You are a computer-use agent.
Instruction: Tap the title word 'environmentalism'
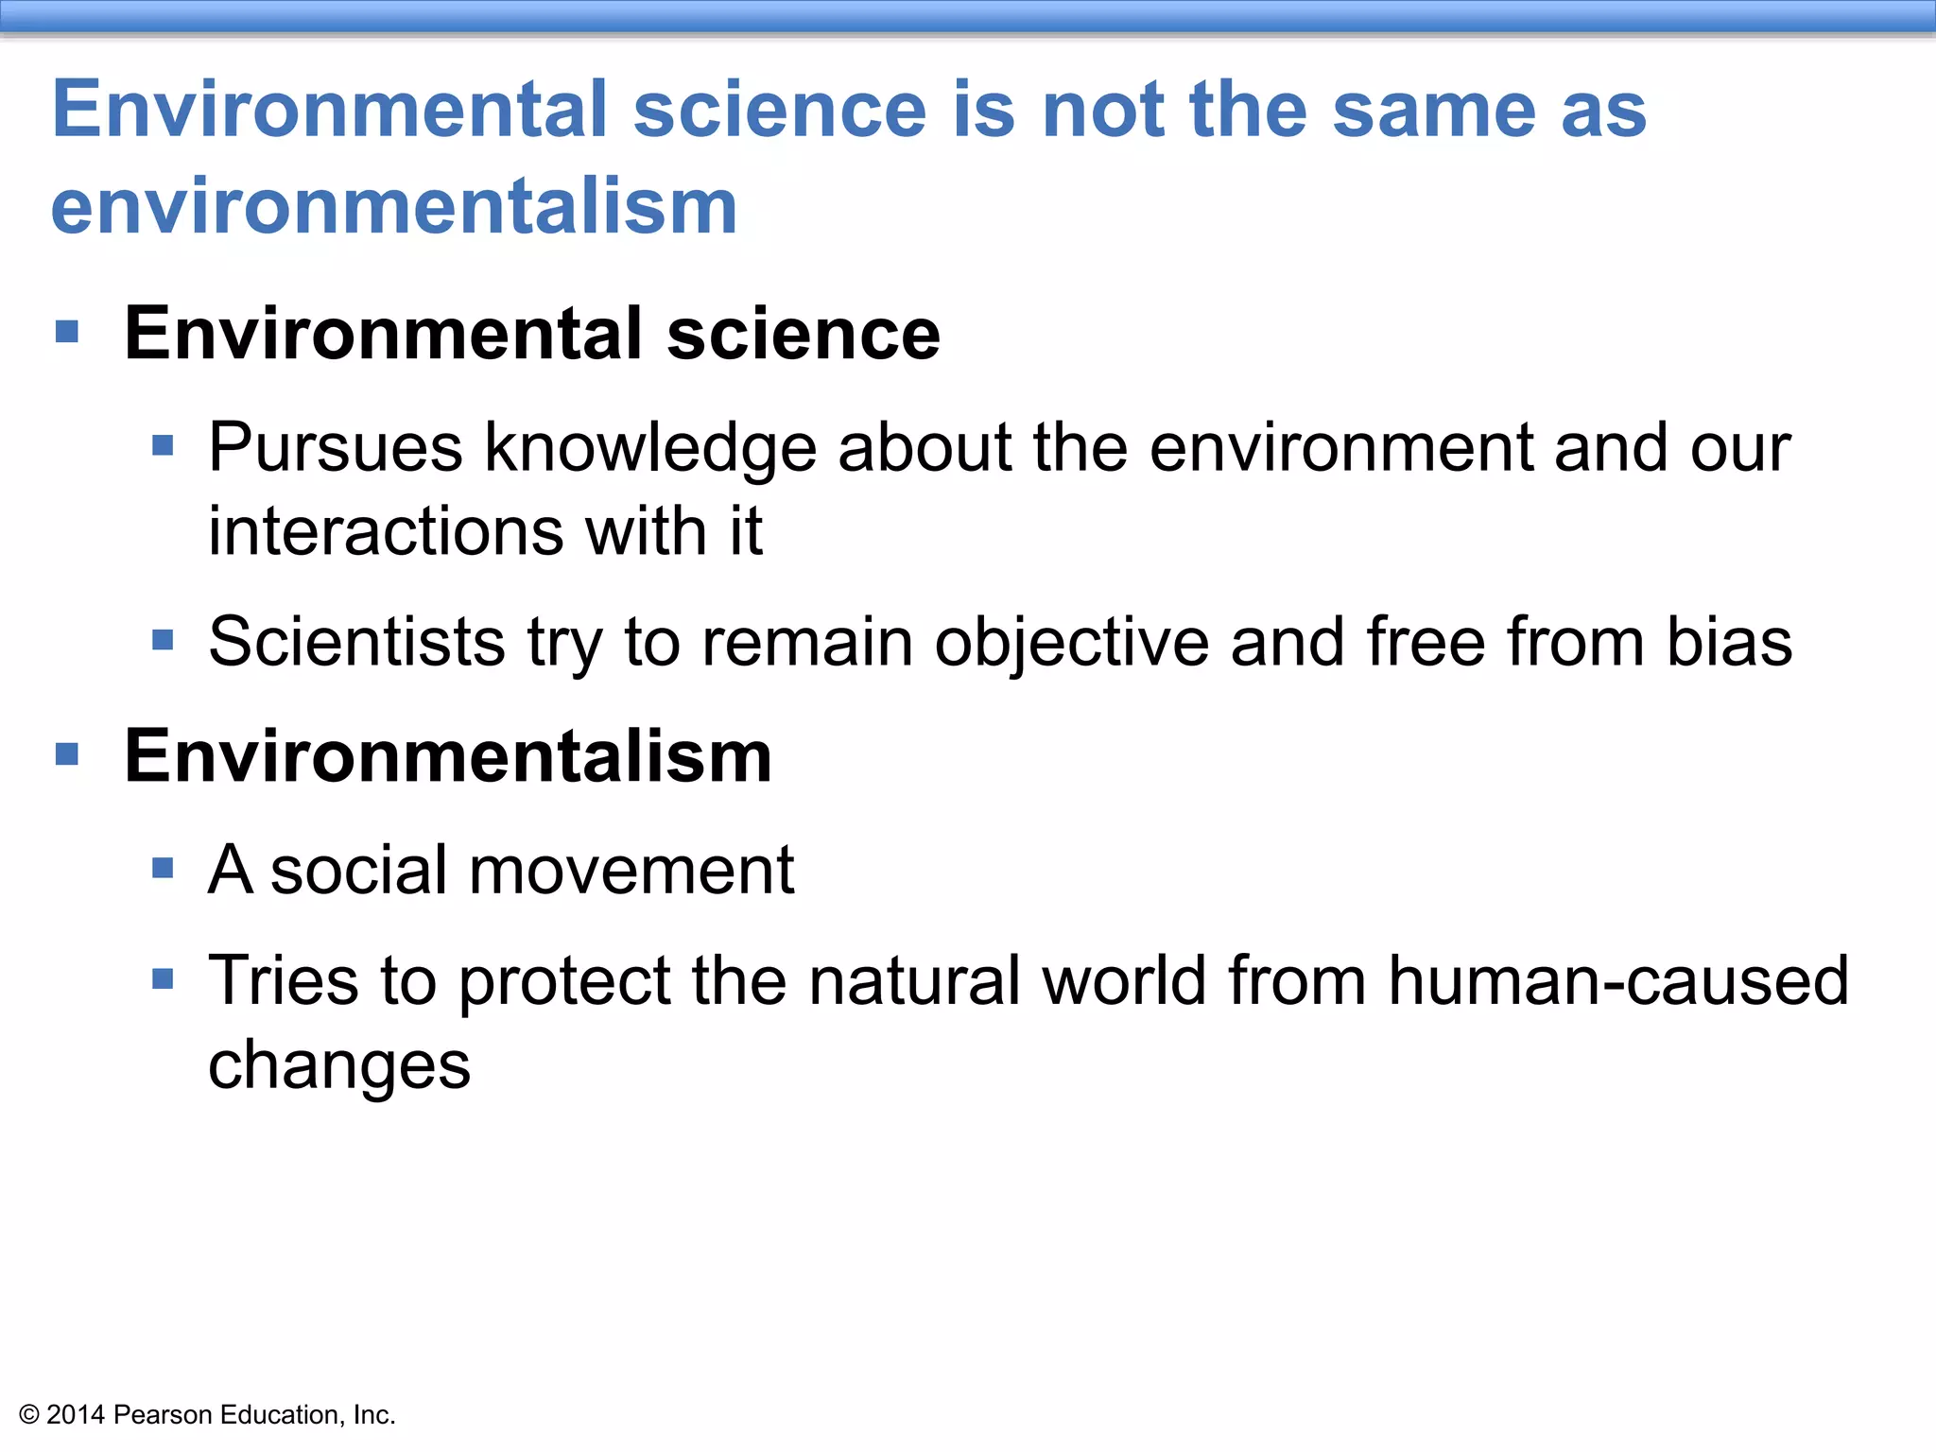pos(394,207)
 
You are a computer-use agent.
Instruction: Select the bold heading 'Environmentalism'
pos(448,756)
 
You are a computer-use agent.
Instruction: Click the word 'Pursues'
pos(336,447)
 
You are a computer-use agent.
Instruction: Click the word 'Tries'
pos(284,980)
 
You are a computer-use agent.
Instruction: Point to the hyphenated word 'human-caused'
pos(1617,980)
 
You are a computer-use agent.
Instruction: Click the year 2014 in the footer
pos(76,1414)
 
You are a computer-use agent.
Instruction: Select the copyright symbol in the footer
pos(29,1415)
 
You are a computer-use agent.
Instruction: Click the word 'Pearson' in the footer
pos(163,1414)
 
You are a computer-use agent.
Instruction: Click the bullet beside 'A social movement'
pos(163,868)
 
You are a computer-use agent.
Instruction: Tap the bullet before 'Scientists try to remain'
pos(163,641)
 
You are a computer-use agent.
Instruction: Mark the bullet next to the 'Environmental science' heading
pos(67,332)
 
